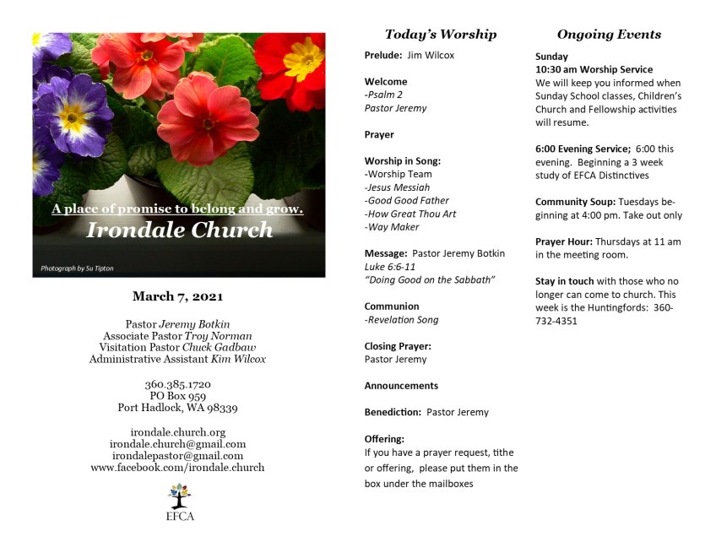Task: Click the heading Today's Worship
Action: pyautogui.click(x=441, y=35)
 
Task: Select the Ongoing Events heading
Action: pyautogui.click(x=609, y=35)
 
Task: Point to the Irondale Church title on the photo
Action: pyautogui.click(x=180, y=230)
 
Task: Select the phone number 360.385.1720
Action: pyautogui.click(x=177, y=384)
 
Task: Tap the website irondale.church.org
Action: pyautogui.click(x=177, y=432)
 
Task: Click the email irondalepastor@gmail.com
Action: pyautogui.click(x=177, y=456)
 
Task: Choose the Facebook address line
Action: pyautogui.click(x=177, y=468)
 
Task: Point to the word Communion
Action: pyautogui.click(x=392, y=306)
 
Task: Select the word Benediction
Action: pyautogui.click(x=392, y=412)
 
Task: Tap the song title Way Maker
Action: pyautogui.click(x=393, y=227)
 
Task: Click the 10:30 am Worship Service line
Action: pyautogui.click(x=594, y=69)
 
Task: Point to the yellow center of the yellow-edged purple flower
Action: pyautogui.click(x=73, y=117)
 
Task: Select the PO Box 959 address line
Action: pyautogui.click(x=177, y=396)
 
